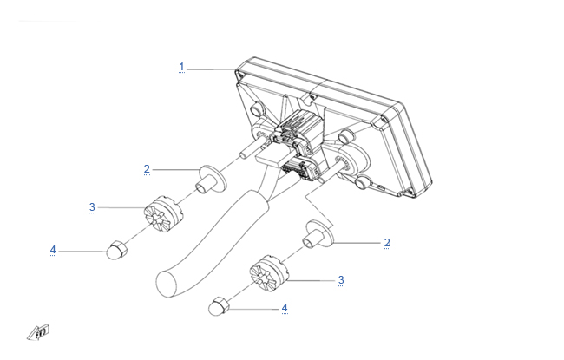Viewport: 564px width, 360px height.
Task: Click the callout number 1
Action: click(181, 68)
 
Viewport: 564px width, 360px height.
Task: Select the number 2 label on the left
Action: click(147, 169)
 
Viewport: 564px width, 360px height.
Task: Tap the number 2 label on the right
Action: click(387, 243)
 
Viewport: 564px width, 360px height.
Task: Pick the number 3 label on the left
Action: click(93, 207)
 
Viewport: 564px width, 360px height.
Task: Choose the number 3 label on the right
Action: click(341, 280)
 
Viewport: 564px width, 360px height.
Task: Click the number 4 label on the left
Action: click(53, 250)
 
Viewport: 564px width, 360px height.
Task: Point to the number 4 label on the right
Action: click(285, 308)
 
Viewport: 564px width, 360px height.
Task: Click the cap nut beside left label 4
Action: click(117, 250)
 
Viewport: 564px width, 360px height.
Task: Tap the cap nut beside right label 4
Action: click(219, 306)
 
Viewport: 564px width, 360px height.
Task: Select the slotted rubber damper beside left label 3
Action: click(163, 214)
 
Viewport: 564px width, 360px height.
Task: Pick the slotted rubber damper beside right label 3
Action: click(269, 273)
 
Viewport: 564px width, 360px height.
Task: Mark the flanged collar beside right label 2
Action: click(318, 234)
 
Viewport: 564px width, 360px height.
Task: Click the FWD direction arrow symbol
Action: click(39, 332)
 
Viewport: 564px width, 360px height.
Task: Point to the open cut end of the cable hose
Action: click(167, 285)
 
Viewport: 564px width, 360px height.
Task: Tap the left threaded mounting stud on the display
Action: click(250, 147)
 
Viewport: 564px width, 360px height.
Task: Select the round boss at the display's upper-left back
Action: click(257, 108)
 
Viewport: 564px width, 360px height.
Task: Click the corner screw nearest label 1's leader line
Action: click(239, 75)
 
